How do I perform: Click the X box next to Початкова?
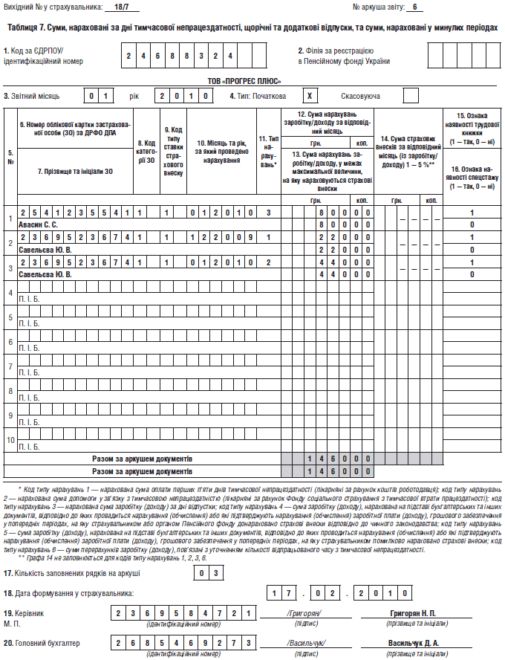tap(311, 96)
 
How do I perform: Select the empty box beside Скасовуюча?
tap(411, 96)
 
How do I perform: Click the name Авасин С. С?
tap(39, 224)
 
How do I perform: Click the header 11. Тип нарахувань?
tap(268, 150)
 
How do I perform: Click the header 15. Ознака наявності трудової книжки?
tap(472, 127)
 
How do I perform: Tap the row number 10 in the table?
tap(10, 440)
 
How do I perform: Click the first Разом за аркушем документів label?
tap(142, 459)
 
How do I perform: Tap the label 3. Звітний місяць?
tap(32, 96)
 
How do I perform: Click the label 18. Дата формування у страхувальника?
tap(68, 593)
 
